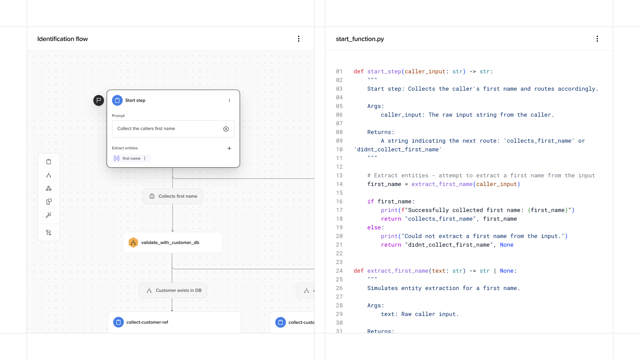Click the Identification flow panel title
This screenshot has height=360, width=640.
62,39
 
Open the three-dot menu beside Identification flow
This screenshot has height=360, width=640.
299,39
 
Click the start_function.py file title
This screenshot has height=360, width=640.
360,39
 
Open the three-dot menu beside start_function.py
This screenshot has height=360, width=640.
597,39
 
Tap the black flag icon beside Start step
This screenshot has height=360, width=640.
99,100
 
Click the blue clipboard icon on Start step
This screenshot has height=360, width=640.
117,100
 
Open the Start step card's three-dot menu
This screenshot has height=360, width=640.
229,100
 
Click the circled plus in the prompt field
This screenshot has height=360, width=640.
226,129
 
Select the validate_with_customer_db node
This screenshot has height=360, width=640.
173,243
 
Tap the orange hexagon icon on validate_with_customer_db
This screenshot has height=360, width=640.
133,243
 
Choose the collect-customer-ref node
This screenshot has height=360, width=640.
174,322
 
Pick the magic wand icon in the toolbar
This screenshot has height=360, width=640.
49,215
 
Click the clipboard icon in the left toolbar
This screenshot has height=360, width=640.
49,162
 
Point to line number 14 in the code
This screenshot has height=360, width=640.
339,184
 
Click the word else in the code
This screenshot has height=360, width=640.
374,228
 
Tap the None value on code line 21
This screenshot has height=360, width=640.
507,245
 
